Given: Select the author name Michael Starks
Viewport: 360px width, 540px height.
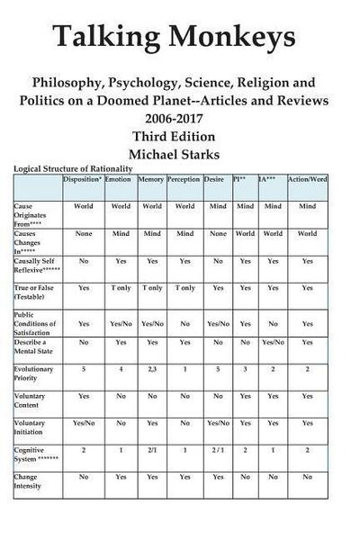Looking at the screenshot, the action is [x=179, y=154].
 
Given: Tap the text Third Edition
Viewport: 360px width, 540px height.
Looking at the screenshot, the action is [x=179, y=136].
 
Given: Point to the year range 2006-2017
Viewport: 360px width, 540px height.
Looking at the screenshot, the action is [x=179, y=118].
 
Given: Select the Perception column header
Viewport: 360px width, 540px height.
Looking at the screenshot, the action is [x=184, y=179].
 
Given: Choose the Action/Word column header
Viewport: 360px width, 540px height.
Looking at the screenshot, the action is [x=307, y=179].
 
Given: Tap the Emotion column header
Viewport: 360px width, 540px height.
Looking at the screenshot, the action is [x=118, y=179].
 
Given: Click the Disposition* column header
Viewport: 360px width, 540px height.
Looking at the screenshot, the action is [x=83, y=179].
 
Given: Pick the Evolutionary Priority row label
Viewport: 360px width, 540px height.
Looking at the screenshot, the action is [x=33, y=373].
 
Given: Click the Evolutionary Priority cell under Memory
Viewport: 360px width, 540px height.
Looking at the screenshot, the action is [x=150, y=369].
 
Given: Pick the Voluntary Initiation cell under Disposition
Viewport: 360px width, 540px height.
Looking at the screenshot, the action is [x=83, y=422].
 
